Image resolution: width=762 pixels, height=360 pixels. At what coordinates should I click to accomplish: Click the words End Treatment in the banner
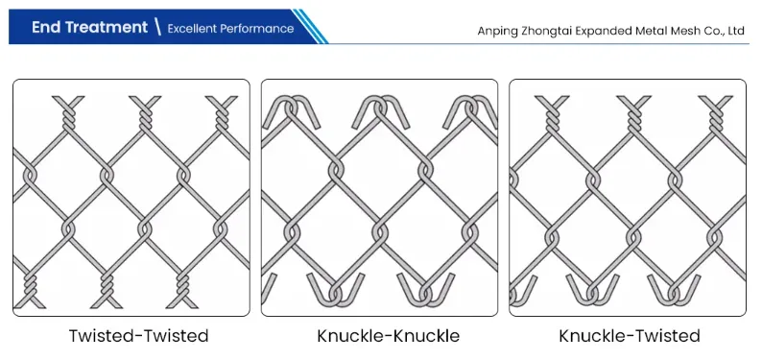pos(89,27)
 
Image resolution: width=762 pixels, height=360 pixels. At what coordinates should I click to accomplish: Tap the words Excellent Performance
pos(230,28)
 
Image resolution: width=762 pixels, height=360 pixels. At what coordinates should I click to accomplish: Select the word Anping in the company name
pos(499,31)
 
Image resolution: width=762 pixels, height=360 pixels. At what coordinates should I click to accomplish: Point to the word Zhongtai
pos(552,31)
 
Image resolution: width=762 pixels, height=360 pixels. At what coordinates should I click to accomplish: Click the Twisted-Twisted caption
pos(138,336)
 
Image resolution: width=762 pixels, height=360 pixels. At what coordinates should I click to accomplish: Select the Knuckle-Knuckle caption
pos(388,336)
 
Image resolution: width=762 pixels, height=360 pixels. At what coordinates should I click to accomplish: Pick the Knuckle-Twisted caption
pos(630,336)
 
